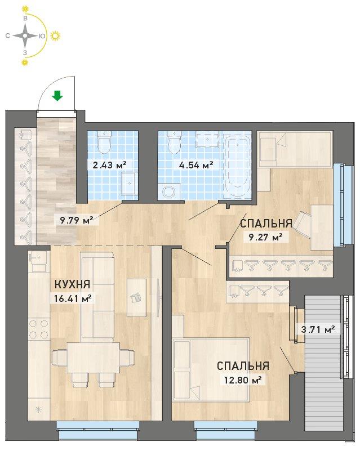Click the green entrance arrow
click(x=57, y=96)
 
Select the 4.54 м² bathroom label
click(x=196, y=165)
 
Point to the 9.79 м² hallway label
click(x=77, y=220)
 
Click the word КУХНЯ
click(x=72, y=284)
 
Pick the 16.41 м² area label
click(x=73, y=298)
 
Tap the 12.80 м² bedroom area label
click(x=243, y=380)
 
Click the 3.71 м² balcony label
click(x=318, y=329)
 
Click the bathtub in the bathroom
click(x=238, y=165)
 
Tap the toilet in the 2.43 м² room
click(x=104, y=142)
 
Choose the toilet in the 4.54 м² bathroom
click(x=175, y=142)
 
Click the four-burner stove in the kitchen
click(x=39, y=329)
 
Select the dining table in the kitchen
click(x=93, y=358)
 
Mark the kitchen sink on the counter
click(x=37, y=261)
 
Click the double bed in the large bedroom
click(x=211, y=369)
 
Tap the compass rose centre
click(x=25, y=35)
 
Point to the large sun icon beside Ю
click(x=55, y=35)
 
